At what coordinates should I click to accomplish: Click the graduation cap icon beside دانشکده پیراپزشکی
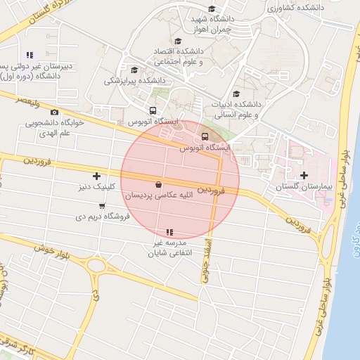coord(134,70)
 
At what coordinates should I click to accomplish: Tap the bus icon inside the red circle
coord(205,136)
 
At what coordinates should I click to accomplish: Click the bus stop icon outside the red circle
coord(153,110)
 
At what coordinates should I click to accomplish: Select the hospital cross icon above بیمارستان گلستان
coord(304,175)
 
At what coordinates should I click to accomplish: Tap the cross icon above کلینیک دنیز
coord(96,176)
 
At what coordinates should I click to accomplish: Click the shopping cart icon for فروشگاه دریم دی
coord(103,206)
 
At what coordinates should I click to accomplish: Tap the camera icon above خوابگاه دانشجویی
coord(55,112)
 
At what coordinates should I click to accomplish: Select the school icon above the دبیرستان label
coord(30,54)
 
